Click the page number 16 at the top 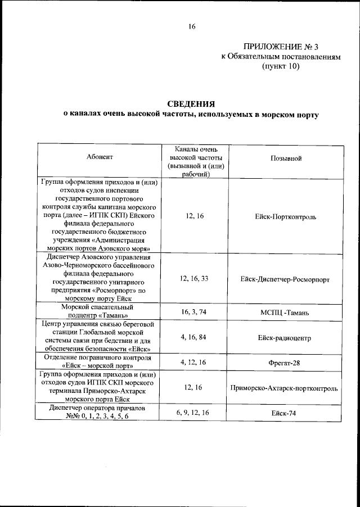click(191, 26)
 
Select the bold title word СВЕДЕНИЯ click(191, 103)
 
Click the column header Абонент click(100, 159)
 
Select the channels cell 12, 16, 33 click(193, 278)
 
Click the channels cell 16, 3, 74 click(193, 311)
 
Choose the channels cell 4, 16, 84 click(193, 337)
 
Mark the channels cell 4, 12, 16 click(193, 362)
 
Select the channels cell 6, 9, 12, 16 click(193, 413)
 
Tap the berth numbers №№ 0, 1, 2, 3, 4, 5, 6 click(91, 417)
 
